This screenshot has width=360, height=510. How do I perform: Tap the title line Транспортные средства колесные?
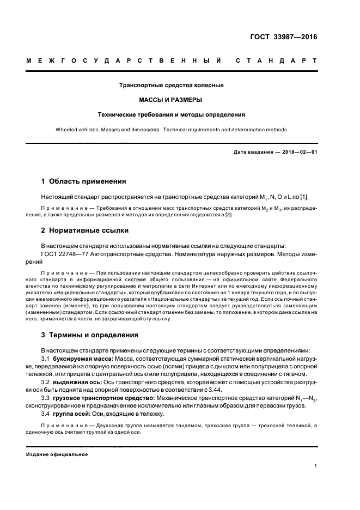[x=172, y=86]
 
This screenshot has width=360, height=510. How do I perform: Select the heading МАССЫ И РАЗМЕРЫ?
[x=172, y=100]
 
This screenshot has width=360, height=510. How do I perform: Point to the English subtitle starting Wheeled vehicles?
[x=172, y=130]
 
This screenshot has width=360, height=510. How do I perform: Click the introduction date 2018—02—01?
[x=298, y=152]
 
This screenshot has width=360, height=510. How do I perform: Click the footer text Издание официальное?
[x=57, y=454]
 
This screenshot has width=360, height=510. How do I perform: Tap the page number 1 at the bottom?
[x=315, y=466]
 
